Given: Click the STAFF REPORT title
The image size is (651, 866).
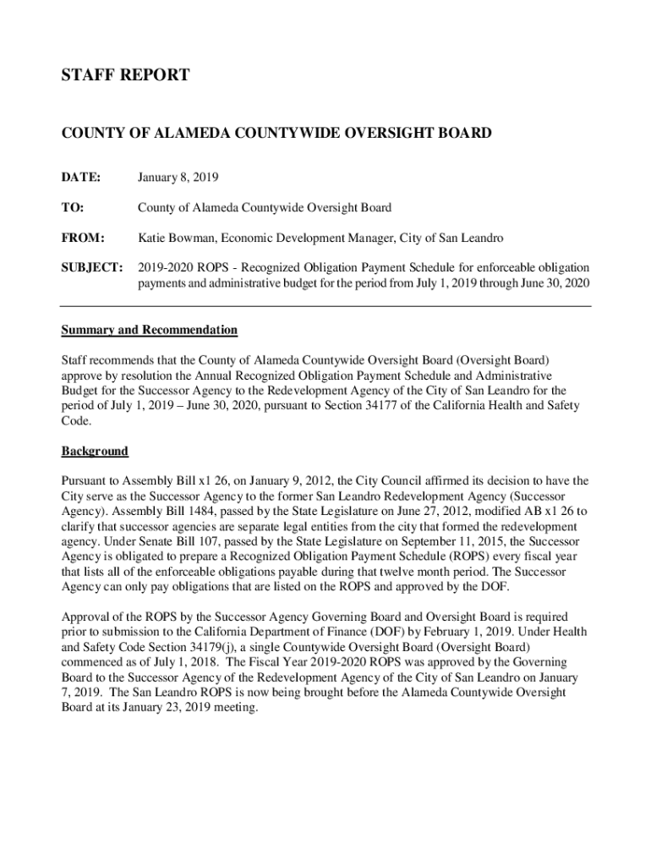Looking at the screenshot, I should click(x=125, y=76).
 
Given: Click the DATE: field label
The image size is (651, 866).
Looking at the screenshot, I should click(x=80, y=178).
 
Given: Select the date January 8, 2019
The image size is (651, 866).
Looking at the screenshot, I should click(x=178, y=178).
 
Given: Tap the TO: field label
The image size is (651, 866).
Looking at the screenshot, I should click(x=72, y=208).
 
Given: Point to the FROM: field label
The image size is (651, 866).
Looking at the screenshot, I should click(x=83, y=238).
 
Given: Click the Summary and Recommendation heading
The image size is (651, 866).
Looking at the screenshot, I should click(x=150, y=330).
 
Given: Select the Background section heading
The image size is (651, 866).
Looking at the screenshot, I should click(x=95, y=451).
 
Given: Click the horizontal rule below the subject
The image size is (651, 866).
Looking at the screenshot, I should click(x=325, y=305).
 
